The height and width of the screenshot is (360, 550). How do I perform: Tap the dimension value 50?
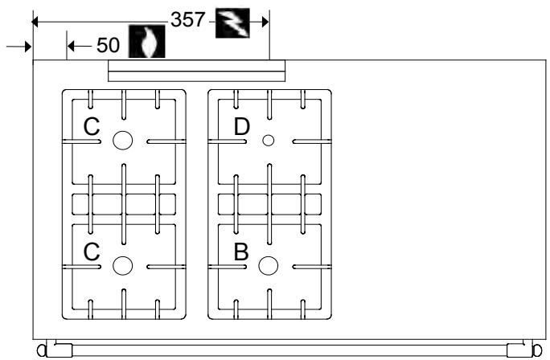coord(109,46)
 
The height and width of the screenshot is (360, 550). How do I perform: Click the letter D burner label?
coord(242,126)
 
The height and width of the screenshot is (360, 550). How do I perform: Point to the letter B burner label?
coord(241,251)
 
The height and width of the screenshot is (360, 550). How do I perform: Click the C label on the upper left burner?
coord(92,126)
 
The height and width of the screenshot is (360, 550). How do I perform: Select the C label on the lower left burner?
coord(92,251)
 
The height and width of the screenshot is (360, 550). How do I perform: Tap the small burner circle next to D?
coord(269,141)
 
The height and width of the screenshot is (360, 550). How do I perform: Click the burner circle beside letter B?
coord(269,264)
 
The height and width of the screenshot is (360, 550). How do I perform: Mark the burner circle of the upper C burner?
coord(122,141)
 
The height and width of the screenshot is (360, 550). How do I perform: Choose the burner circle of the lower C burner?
coord(122,264)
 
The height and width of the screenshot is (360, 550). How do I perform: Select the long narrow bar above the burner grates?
coord(196,72)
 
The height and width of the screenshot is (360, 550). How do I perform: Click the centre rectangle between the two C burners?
coord(123,203)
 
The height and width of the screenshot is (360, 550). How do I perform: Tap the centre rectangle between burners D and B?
coord(269,203)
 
